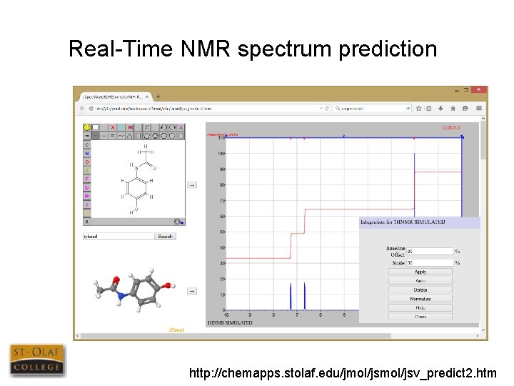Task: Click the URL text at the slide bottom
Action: tap(343, 372)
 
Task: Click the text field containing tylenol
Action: tap(119, 236)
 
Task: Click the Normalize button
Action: tap(420, 298)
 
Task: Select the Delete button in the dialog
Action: tap(420, 289)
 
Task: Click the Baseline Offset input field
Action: tap(429, 251)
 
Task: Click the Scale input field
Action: tap(429, 262)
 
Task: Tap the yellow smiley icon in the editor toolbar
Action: tap(87, 127)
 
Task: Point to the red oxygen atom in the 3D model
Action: tap(114, 279)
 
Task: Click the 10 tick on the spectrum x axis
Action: tap(226, 315)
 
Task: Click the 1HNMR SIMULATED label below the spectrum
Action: tap(229, 323)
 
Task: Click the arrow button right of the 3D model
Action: tap(191, 291)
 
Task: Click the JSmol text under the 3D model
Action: tap(176, 330)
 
